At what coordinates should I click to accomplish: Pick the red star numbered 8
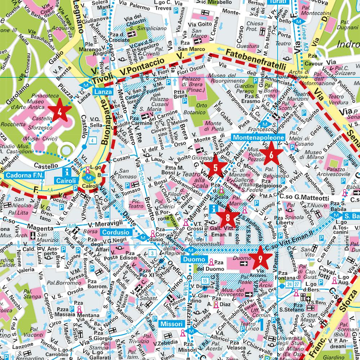coord(228,217)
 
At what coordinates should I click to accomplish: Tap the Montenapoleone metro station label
coord(258,138)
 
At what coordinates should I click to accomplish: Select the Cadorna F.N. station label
coord(24,175)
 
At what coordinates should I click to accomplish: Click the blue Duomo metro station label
coord(194,259)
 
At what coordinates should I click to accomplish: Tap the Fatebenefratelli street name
coord(255,60)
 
